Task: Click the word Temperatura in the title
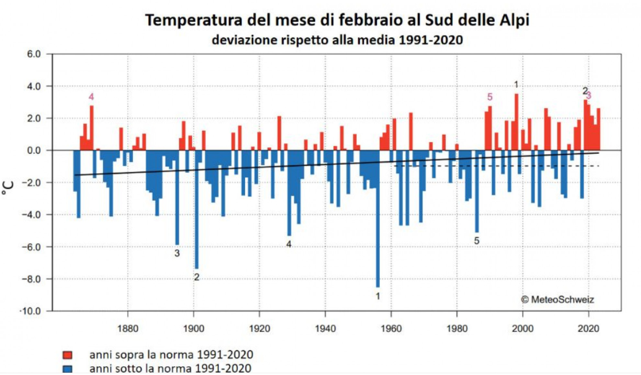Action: (193, 20)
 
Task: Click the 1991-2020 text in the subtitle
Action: (431, 40)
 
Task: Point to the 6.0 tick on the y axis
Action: (34, 54)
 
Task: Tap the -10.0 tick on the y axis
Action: (31, 311)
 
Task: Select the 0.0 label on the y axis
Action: (34, 150)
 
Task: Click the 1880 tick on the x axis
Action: (128, 329)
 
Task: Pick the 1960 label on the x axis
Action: (391, 329)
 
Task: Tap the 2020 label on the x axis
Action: (588, 329)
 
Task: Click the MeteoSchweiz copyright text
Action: (557, 300)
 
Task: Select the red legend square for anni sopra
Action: (67, 355)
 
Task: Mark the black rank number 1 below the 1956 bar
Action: (378, 296)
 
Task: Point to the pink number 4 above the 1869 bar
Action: (91, 97)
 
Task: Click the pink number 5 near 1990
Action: (489, 97)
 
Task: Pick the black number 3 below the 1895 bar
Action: (177, 253)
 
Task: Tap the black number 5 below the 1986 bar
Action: (477, 241)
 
